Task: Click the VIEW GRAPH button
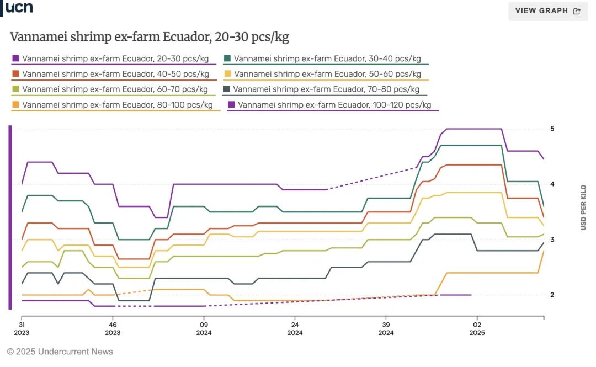point(547,11)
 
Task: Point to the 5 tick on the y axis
point(552,129)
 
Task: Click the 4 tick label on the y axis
point(552,184)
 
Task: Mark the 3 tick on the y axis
point(552,240)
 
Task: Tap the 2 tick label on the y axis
point(552,295)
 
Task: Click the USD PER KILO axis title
point(583,208)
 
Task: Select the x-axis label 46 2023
point(113,329)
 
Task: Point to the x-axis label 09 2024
point(204,329)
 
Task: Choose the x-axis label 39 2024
point(386,329)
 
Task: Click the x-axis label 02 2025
point(477,329)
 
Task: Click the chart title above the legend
point(150,38)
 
